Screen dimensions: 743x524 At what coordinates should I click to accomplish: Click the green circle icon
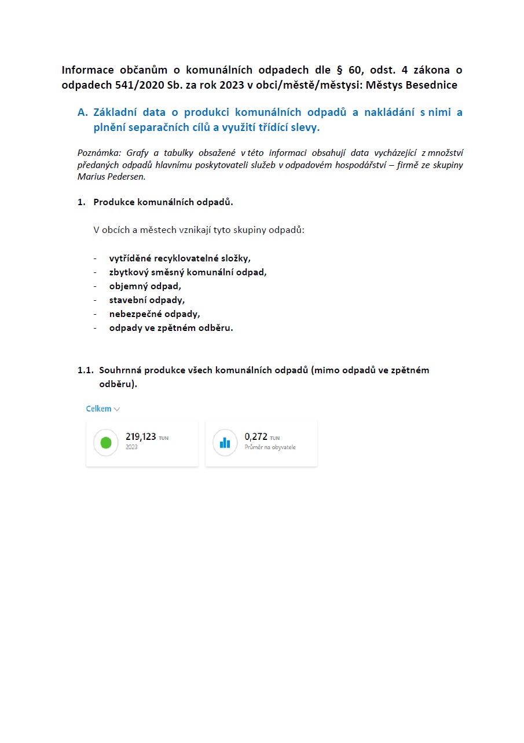pos(105,443)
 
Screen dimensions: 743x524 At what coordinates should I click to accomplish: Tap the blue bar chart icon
pos(225,443)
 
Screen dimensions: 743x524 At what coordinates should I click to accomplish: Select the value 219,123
pos(141,437)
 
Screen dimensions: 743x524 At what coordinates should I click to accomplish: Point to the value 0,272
pos(256,437)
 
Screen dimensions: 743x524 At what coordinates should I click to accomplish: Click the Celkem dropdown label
pos(98,409)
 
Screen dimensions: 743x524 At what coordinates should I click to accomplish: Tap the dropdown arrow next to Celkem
pos(117,409)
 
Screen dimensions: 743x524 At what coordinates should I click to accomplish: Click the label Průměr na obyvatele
pos(270,447)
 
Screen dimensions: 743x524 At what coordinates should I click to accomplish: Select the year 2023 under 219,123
pos(131,447)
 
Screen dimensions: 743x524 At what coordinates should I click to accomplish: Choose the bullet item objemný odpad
pos(145,286)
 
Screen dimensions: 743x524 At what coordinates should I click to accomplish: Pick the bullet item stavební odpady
pos(146,300)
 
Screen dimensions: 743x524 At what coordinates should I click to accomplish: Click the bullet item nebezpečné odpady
pos(154,314)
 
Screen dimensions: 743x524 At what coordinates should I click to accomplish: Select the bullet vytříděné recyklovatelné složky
pos(179,258)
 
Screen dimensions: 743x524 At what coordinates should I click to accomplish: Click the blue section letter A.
pos(82,112)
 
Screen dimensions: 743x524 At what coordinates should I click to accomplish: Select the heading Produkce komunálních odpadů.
pos(163,202)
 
